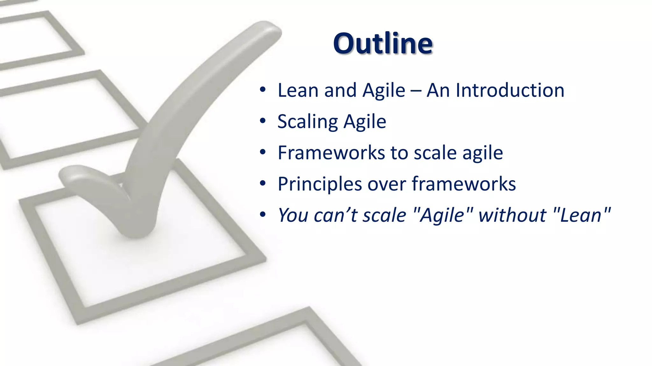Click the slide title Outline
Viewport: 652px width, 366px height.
pyautogui.click(x=383, y=44)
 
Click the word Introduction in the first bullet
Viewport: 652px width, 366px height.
pyautogui.click(x=510, y=90)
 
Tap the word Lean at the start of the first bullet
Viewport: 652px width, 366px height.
pyautogui.click(x=298, y=90)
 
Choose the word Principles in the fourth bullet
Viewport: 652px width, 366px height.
pyautogui.click(x=320, y=184)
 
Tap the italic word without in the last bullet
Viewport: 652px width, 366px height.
pyautogui.click(x=512, y=215)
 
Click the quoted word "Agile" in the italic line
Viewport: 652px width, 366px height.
pyautogui.click(x=443, y=215)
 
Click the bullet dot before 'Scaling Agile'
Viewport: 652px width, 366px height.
pyautogui.click(x=262, y=121)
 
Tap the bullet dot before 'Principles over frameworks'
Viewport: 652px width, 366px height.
pyautogui.click(x=262, y=184)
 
